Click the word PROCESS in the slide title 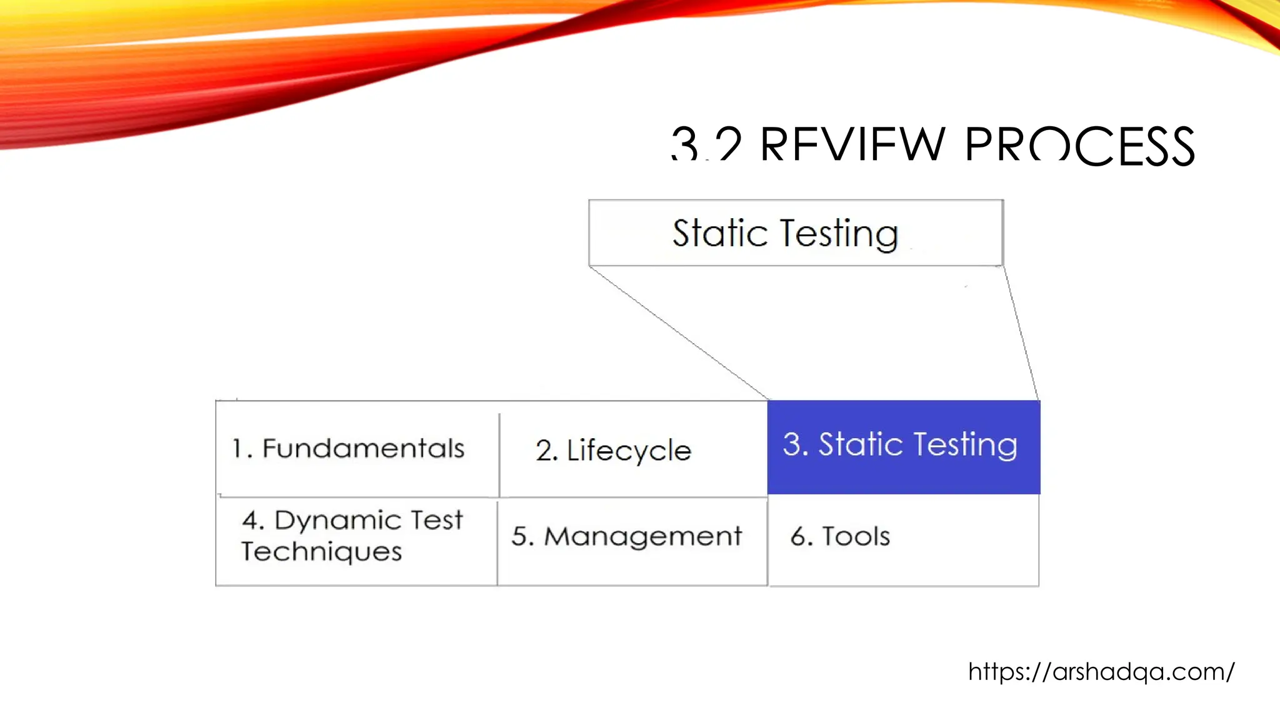[x=1079, y=146]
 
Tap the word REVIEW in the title [x=852, y=146]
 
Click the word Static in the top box [x=719, y=233]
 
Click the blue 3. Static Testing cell [x=903, y=446]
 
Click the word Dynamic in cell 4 [x=337, y=520]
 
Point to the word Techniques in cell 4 [x=321, y=552]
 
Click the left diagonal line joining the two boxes [x=679, y=333]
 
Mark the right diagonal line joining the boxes [x=1021, y=333]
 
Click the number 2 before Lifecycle [x=544, y=451]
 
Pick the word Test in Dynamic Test [x=436, y=520]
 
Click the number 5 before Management [x=520, y=536]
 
